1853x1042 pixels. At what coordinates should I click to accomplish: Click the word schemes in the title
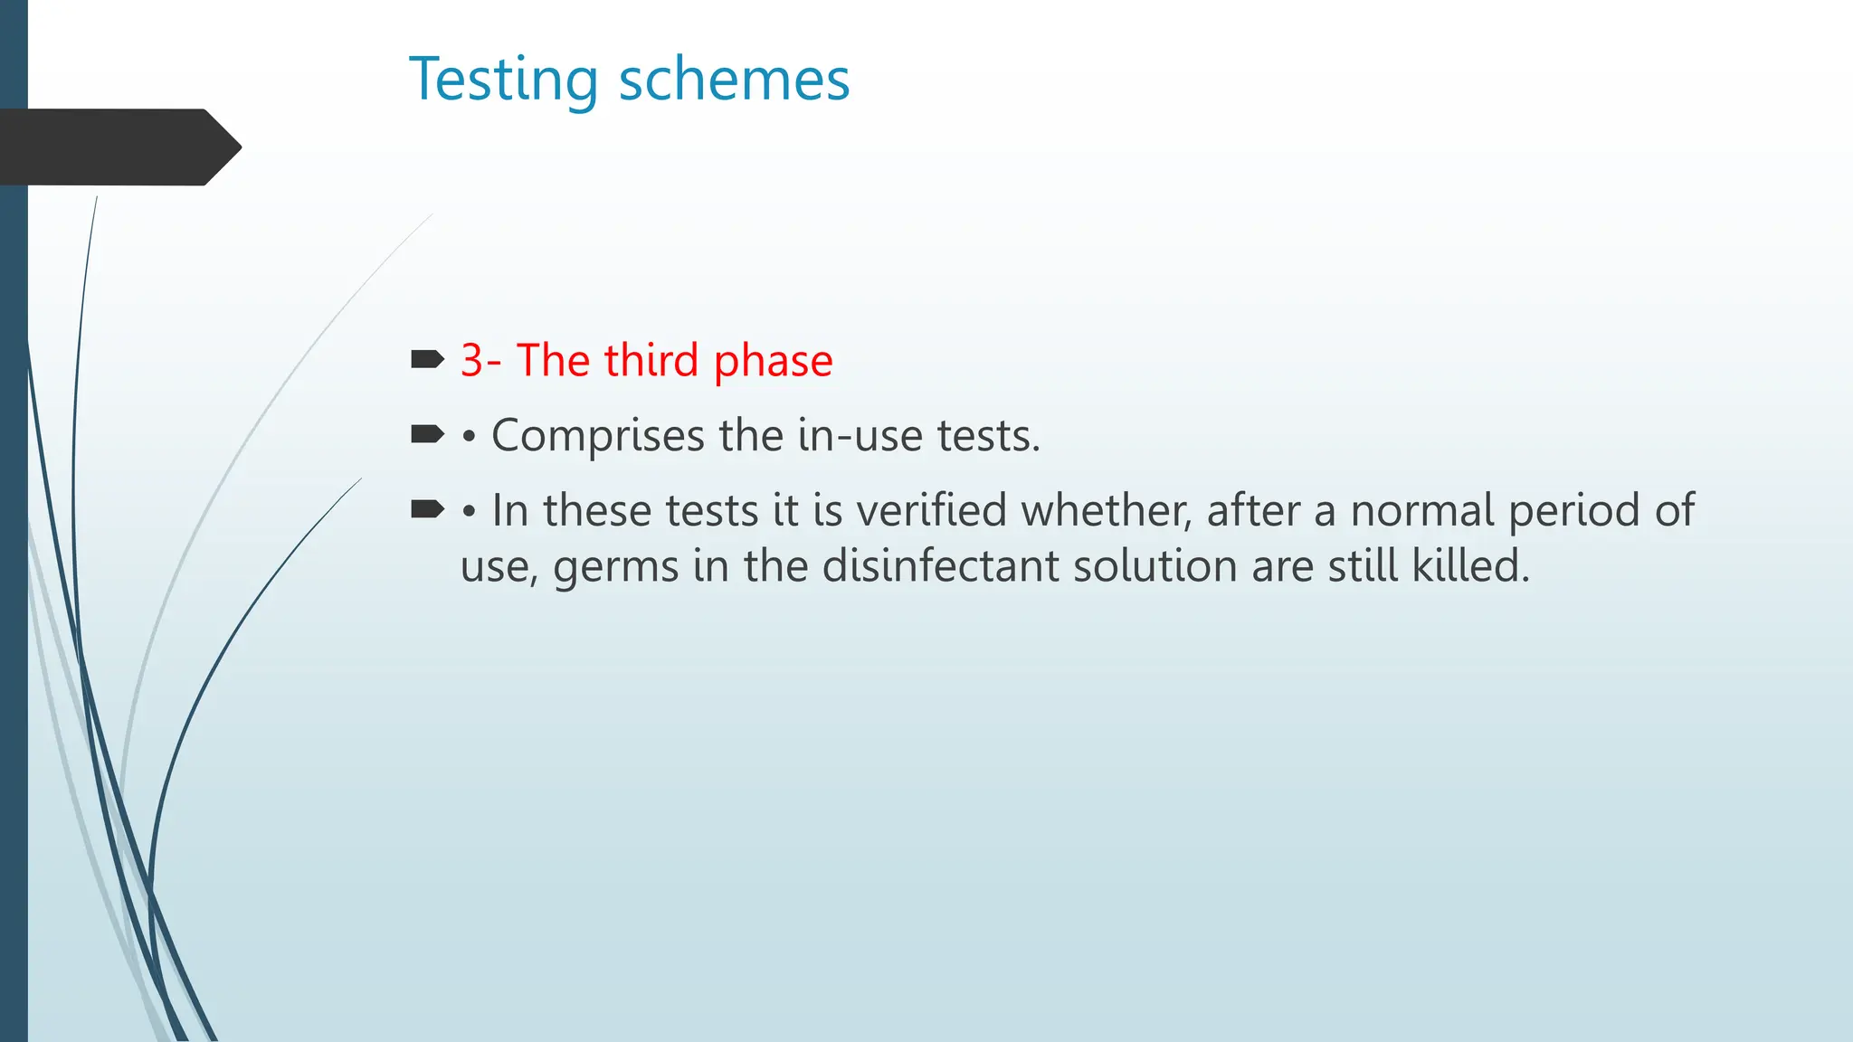click(734, 80)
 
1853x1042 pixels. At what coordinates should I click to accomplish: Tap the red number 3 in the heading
click(471, 360)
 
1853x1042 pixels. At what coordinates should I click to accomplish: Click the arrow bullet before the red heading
click(427, 360)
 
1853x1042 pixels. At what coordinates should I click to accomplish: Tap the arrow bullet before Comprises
click(427, 435)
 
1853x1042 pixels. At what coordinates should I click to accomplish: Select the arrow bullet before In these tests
click(427, 510)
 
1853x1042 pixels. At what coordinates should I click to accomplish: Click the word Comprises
click(597, 437)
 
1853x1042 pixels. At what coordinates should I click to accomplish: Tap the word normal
click(1421, 510)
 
